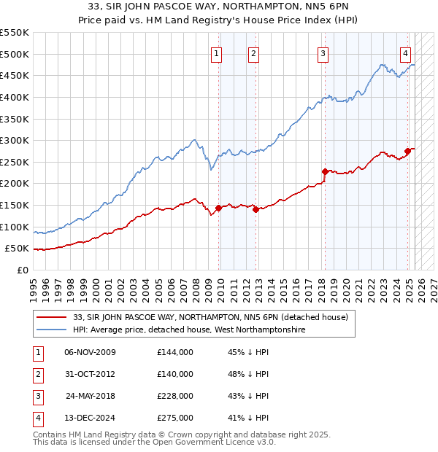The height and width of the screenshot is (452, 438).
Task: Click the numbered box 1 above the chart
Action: pos(218,52)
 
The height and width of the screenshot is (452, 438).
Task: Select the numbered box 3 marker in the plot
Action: pos(323,52)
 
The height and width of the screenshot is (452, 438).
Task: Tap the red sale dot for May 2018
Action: pos(324,172)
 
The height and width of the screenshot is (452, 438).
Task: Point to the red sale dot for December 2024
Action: pos(408,151)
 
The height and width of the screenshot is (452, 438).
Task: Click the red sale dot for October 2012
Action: pos(255,209)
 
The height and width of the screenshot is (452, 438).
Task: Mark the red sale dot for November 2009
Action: pos(218,208)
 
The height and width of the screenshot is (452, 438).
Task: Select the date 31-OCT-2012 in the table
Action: pos(90,373)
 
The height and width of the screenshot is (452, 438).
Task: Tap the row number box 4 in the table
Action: pos(37,418)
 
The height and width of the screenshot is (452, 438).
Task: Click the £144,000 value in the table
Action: pos(175,351)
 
